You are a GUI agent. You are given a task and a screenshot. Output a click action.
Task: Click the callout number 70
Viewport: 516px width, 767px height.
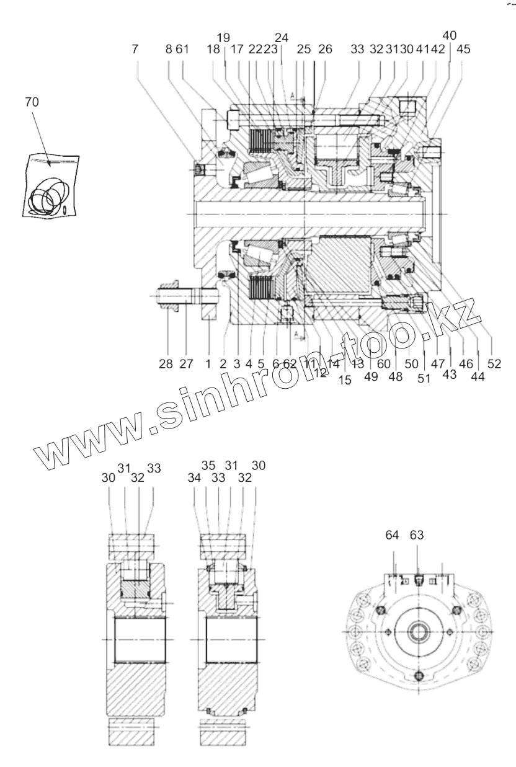coord(31,102)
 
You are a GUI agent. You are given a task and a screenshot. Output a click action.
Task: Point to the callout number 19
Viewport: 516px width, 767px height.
coord(225,38)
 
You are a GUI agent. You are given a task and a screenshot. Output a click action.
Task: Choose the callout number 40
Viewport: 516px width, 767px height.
coord(450,35)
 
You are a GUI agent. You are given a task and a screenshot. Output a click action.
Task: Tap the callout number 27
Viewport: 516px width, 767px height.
coord(187,364)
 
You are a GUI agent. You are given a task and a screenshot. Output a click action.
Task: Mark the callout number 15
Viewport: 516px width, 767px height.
coord(345,380)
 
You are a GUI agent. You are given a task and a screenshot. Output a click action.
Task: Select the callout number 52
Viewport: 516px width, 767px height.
coord(494,365)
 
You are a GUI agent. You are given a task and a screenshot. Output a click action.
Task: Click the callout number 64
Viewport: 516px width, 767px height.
coord(392,536)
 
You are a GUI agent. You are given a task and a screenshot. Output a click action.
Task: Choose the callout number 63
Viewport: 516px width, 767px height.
coord(417,536)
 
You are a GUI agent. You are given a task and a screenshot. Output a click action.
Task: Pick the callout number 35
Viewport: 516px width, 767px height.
coord(209,465)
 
